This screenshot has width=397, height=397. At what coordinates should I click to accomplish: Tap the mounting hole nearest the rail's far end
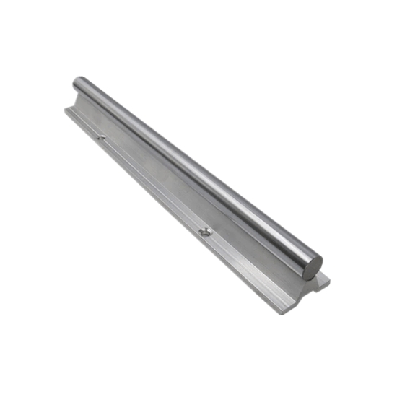102,136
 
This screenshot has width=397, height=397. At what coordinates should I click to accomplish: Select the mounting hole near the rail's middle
205,232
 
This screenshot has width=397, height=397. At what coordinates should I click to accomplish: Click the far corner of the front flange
64,110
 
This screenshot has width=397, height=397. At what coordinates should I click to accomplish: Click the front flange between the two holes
152,184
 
